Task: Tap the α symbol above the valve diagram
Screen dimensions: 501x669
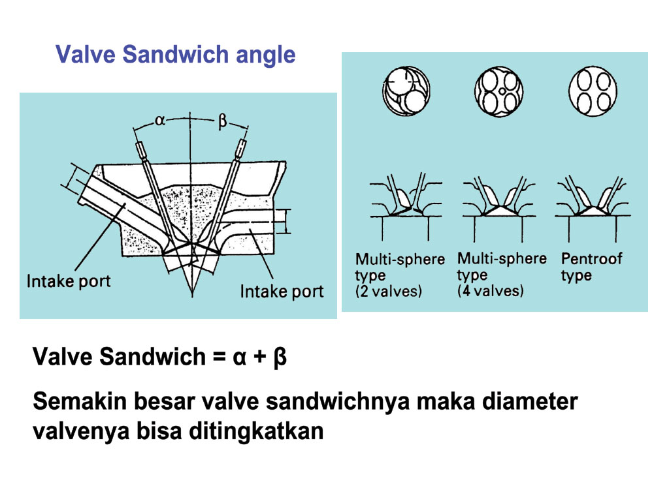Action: (161, 120)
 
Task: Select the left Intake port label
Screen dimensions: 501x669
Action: (69, 282)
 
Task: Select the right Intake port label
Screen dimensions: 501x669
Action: (282, 290)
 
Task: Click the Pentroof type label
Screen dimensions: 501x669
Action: (591, 267)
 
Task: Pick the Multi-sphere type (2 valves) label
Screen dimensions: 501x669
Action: (399, 275)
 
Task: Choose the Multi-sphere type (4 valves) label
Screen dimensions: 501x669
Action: (501, 274)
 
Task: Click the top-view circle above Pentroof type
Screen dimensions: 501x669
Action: (593, 93)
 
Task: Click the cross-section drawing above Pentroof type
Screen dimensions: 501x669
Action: (593, 199)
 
